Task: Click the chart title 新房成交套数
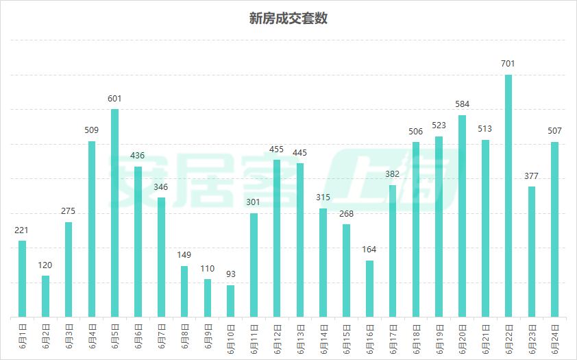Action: [x=288, y=19]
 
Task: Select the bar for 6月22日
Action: [x=508, y=195]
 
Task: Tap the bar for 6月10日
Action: [x=231, y=301]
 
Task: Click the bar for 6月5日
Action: [x=114, y=213]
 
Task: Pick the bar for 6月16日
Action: [x=370, y=289]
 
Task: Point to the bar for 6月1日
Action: [x=22, y=278]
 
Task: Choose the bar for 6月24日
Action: [x=555, y=229]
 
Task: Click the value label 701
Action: [x=508, y=64]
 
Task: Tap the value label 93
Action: [x=231, y=274]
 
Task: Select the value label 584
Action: [x=463, y=104]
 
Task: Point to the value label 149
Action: [x=184, y=255]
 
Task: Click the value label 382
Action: [x=393, y=174]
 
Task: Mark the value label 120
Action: [x=45, y=265]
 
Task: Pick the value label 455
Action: [x=277, y=149]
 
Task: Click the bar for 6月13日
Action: [x=300, y=240]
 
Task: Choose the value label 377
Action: [x=532, y=176]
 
